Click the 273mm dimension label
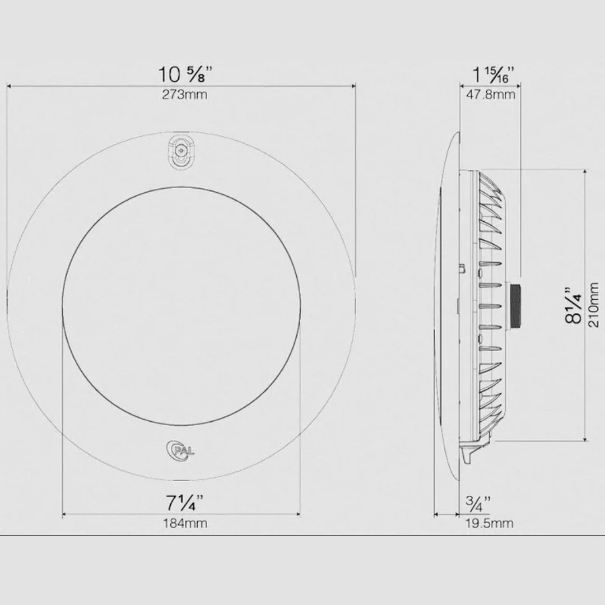pos(184,95)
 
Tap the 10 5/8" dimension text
pos(185,74)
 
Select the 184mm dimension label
pos(185,524)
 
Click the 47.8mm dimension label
pos(491,95)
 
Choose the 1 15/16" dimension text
pos(494,75)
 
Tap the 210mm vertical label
pos(593,305)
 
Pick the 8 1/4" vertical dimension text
pos(574,305)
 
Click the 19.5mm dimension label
pos(489,524)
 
